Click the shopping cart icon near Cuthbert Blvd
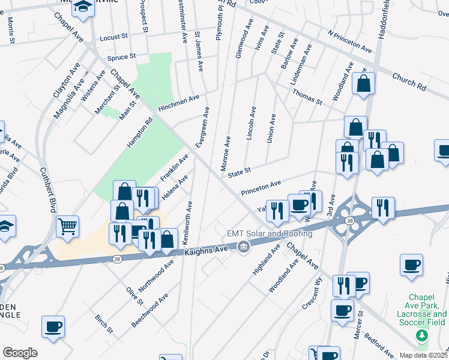tap(68, 226)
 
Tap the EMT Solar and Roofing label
tap(269, 233)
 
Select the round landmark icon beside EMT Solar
tap(244, 246)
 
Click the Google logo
tap(20, 353)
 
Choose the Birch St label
tap(103, 323)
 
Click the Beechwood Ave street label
tap(150, 310)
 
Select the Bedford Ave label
tap(379, 343)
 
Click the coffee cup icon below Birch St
tap(53, 326)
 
